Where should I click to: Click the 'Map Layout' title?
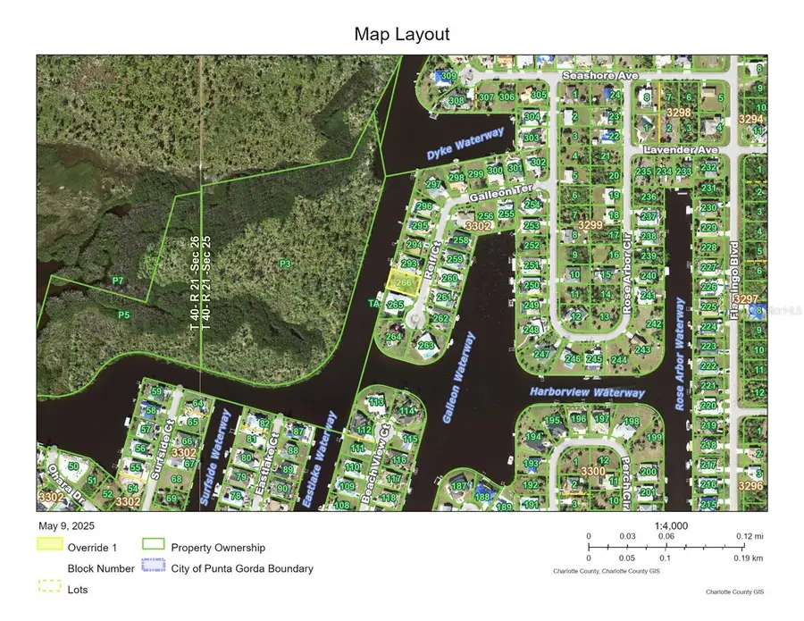[402, 35]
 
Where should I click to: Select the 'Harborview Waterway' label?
[586, 393]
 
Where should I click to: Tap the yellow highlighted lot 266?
[403, 282]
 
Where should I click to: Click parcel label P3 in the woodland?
[285, 264]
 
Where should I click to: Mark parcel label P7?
[118, 281]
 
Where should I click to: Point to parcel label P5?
[124, 315]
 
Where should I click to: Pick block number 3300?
[592, 471]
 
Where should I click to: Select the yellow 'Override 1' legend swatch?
[50, 544]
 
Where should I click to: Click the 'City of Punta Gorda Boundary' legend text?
[242, 568]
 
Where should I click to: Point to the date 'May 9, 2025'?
[66, 526]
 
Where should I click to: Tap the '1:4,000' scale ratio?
[671, 526]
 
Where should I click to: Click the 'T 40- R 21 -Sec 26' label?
[194, 284]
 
